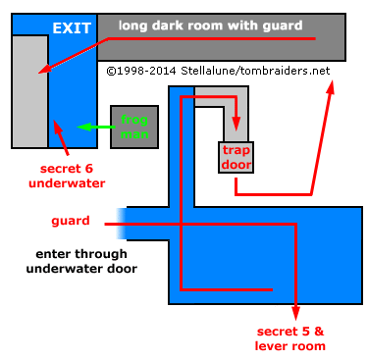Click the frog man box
[x=134, y=126]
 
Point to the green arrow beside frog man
[x=93, y=127]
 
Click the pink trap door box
[x=237, y=158]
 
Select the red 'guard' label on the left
[x=71, y=221]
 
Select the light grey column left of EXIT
[x=29, y=88]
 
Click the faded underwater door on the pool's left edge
[x=122, y=225]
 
